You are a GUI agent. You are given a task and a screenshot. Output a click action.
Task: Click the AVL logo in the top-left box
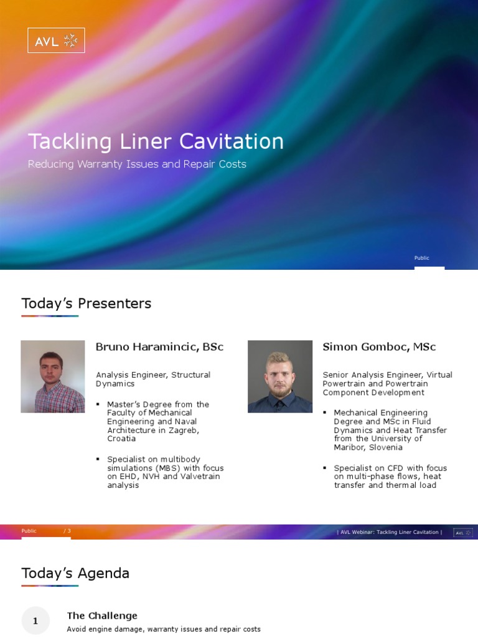pos(56,40)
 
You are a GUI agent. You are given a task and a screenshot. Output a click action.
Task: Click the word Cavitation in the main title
pos(232,141)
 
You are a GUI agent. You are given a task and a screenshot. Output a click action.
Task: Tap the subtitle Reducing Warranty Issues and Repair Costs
pos(137,164)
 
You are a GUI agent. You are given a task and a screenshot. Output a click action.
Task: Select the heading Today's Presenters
pos(86,303)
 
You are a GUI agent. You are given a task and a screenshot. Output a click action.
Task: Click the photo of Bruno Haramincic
pos(53,376)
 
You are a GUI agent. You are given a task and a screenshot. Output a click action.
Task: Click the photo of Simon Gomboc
pos(279,376)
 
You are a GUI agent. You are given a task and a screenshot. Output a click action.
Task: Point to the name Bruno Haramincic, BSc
pos(159,347)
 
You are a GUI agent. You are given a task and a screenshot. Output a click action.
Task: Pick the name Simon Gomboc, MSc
pos(379,347)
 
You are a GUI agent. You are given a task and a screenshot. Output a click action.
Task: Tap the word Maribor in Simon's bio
pos(350,447)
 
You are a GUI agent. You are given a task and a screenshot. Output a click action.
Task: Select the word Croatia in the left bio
pos(122,439)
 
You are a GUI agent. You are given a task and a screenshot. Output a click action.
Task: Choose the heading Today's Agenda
pos(75,573)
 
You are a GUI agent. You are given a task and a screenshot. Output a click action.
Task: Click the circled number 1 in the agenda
pos(35,621)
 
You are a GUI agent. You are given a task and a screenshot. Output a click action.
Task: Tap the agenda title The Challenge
pos(102,616)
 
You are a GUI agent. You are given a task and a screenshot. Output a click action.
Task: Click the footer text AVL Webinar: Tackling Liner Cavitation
pos(390,532)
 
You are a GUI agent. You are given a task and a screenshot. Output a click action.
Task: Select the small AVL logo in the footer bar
pos(462,533)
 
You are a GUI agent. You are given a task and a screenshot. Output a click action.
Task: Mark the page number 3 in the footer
pos(68,531)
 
